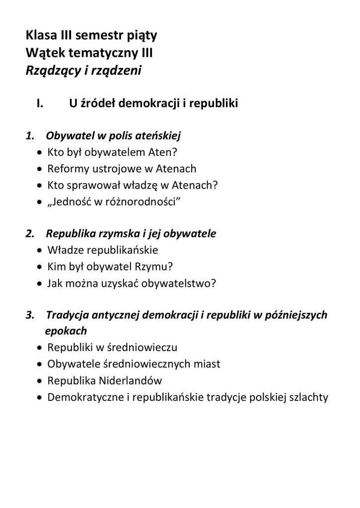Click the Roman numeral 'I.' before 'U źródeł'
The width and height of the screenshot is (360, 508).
pyautogui.click(x=41, y=104)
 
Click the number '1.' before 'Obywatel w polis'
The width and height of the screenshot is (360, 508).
pyautogui.click(x=31, y=136)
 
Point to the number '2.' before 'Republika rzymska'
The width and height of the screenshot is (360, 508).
pyautogui.click(x=31, y=234)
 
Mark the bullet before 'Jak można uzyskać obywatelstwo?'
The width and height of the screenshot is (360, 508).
pyautogui.click(x=40, y=283)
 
